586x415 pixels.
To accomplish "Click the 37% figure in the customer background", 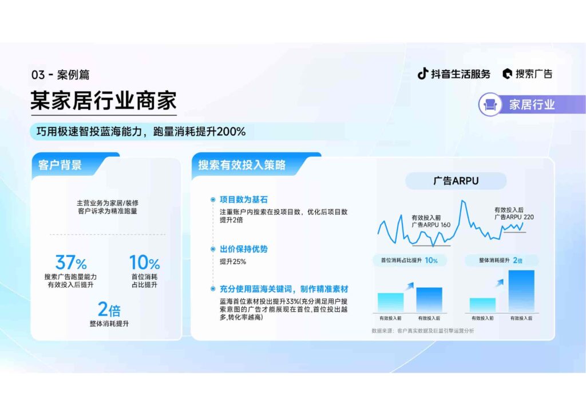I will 71,263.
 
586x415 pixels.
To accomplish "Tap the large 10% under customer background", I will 144,263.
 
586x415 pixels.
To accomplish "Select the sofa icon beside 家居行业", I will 491,105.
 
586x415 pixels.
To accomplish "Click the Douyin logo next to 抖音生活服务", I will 422,73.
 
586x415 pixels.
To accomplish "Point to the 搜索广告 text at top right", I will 533,74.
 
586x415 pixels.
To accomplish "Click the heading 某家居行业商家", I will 103,101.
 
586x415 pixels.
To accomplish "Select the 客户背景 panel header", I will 60,165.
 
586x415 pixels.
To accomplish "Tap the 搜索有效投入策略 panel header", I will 241,165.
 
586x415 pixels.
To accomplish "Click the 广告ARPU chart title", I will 456,181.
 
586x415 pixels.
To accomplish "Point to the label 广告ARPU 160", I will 431,224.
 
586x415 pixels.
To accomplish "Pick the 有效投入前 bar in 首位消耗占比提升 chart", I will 390,302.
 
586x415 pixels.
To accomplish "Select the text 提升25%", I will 232,262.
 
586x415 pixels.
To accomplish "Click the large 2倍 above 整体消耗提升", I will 109,310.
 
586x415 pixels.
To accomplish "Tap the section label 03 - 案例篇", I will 61,75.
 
